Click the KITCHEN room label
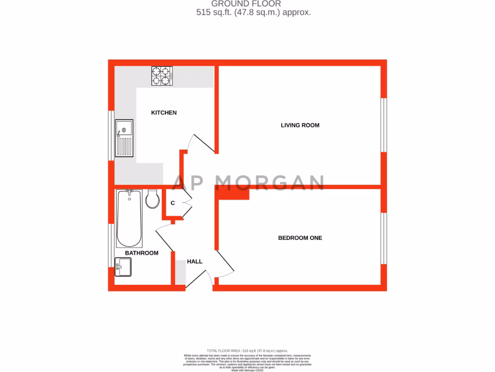pyautogui.click(x=164, y=113)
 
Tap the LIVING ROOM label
pyautogui.click(x=300, y=125)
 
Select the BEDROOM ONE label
pyautogui.click(x=300, y=238)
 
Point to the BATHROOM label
pyautogui.click(x=142, y=253)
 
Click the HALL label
pyautogui.click(x=194, y=262)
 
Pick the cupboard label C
pyautogui.click(x=173, y=203)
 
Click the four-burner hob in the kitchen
pyautogui.click(x=162, y=76)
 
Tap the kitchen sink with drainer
pyautogui.click(x=124, y=138)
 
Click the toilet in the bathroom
pyautogui.click(x=152, y=199)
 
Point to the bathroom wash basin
pyautogui.click(x=123, y=267)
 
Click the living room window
pyautogui.click(x=384, y=125)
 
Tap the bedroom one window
pyautogui.click(x=384, y=238)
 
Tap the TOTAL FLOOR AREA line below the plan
pyautogui.click(x=247, y=350)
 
